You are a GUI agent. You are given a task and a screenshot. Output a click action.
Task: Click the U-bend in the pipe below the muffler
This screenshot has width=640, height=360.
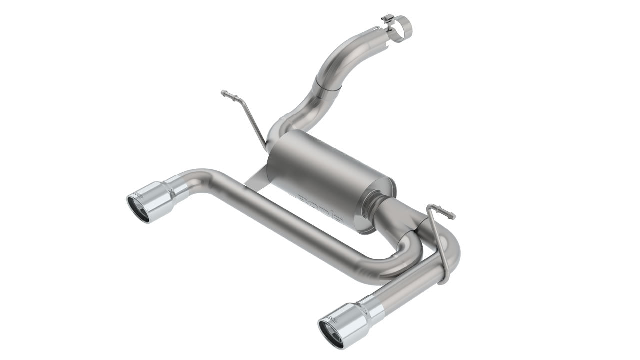[407, 255]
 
